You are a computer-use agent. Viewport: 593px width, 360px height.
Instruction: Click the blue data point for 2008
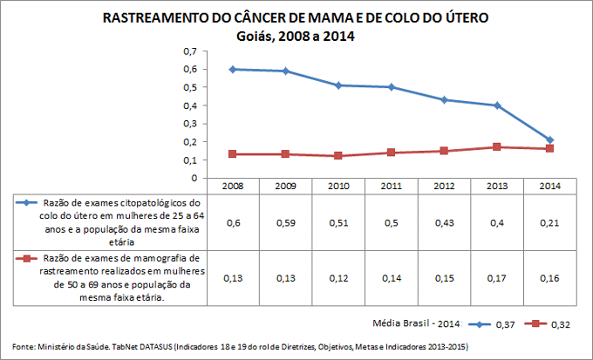233,69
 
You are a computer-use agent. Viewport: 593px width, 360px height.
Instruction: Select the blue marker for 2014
550,139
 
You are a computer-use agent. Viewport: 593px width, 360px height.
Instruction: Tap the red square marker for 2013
497,146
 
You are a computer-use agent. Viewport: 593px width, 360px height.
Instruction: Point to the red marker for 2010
338,156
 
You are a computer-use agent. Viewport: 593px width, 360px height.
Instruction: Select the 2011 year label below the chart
392,186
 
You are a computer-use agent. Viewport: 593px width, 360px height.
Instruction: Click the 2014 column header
550,186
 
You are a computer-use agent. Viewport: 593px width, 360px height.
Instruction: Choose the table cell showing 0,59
286,223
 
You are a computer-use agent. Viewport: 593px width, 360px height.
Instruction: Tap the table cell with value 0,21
550,223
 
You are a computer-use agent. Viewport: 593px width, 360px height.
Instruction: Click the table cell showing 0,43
445,223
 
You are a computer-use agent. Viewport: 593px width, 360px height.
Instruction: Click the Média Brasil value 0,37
505,324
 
